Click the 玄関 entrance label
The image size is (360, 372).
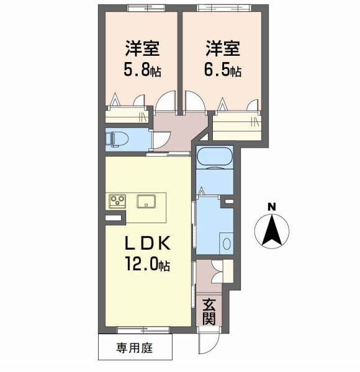coord(209,311)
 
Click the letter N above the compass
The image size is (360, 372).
coord(271,206)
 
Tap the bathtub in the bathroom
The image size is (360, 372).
coord(214,158)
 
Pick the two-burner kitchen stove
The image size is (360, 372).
coord(117,201)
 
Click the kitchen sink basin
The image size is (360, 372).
coord(147,201)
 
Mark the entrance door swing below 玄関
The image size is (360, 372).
coord(204,340)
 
